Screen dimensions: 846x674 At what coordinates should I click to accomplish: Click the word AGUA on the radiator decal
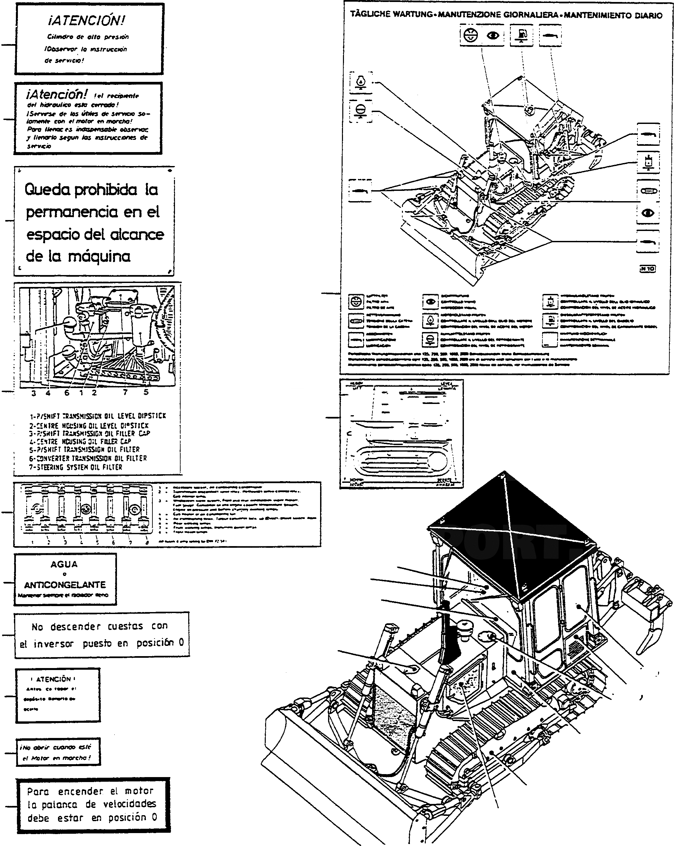[64, 564]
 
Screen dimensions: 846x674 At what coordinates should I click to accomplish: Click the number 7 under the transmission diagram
[125, 392]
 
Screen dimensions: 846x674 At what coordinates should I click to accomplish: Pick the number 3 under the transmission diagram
[34, 393]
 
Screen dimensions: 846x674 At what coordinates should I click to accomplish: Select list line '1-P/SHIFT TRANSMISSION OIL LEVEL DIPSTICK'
[98, 416]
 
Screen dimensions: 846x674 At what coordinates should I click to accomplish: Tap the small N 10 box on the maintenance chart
[647, 269]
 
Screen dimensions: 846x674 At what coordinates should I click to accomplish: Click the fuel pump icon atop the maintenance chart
[521, 34]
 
